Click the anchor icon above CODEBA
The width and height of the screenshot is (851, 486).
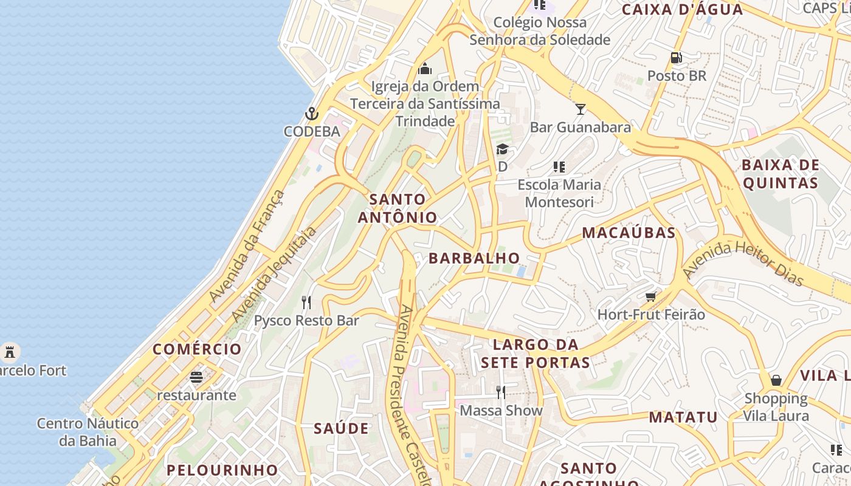(312, 114)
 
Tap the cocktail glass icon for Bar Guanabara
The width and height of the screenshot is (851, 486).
(581, 109)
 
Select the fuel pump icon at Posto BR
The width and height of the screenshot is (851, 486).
(676, 58)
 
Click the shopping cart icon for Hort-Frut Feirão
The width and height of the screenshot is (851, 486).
(651, 296)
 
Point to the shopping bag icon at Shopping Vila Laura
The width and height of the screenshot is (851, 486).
(776, 380)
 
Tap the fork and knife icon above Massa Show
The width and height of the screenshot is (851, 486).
(501, 392)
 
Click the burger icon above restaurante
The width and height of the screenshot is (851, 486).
(196, 377)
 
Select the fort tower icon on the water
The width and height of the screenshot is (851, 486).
(9, 351)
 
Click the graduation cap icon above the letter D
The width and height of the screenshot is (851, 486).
(502, 149)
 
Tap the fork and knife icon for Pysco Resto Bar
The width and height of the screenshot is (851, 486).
(307, 302)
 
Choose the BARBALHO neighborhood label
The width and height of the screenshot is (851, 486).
(474, 258)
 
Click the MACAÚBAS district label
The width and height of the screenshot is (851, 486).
(629, 233)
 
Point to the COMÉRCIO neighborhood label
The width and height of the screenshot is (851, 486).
(197, 349)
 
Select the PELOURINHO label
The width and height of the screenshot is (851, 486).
(222, 470)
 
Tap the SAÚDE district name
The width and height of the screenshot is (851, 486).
(341, 428)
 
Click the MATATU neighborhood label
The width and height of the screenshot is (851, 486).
(683, 417)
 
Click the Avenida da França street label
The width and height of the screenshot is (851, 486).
(246, 246)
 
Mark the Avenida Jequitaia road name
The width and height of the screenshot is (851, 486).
(274, 275)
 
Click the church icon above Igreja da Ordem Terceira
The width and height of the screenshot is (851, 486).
(425, 68)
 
